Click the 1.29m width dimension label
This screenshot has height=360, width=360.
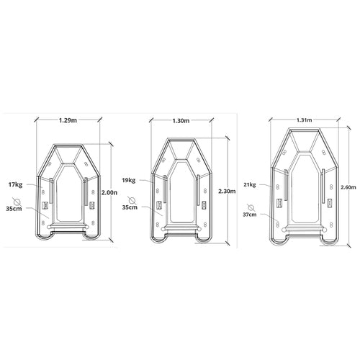(68, 120)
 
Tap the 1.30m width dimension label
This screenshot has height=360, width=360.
(181, 121)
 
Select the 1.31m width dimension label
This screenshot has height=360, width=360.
(305, 120)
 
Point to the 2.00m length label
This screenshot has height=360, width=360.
(109, 192)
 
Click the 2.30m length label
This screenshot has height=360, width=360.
(227, 192)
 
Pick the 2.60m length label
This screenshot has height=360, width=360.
(348, 187)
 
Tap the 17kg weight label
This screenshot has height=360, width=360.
(16, 185)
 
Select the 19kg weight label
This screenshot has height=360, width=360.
(129, 180)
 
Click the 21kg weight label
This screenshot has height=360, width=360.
(250, 184)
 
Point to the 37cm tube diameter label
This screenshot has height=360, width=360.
(250, 215)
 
